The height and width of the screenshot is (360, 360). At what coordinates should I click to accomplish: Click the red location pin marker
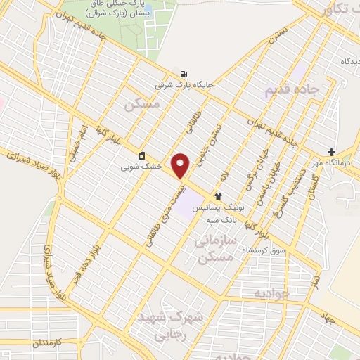pos(181,165)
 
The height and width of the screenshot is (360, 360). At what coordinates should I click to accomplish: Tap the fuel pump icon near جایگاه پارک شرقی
pos(184,74)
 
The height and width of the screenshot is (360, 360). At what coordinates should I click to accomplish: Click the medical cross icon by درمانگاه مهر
pos(331,152)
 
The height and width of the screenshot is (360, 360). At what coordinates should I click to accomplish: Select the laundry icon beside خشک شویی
pos(142,155)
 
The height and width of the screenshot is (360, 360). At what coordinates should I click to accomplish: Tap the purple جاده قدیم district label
pos(291,91)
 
